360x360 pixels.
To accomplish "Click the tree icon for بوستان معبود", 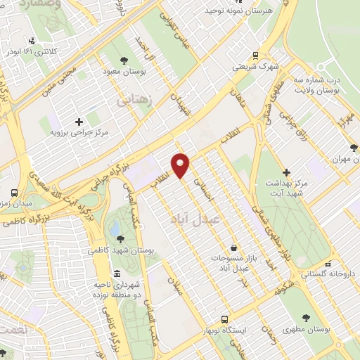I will [x=124, y=60].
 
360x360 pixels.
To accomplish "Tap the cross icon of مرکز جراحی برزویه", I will [x=79, y=122].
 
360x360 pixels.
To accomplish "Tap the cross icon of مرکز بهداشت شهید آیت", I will [x=286, y=172].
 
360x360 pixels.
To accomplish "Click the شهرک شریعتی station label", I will [x=255, y=68].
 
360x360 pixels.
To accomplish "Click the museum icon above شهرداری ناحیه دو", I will [x=117, y=273].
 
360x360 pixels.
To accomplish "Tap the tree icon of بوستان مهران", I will [x=353, y=148].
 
